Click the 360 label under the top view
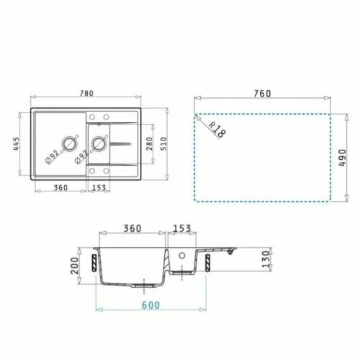pyautogui.click(x=60, y=189)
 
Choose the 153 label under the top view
pyautogui.click(x=100, y=189)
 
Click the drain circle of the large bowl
pyautogui.click(x=71, y=143)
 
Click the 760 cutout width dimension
pyautogui.click(x=262, y=94)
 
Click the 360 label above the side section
pyautogui.click(x=131, y=228)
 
